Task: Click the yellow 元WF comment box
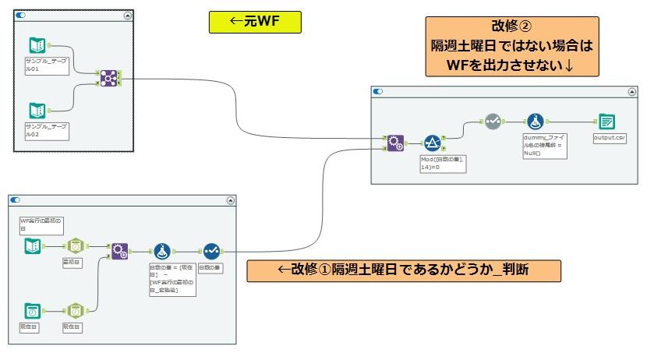254,22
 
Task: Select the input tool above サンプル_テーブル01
37,45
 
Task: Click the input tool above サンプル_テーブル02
37,111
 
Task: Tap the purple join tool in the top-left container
108,78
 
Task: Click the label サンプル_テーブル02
46,130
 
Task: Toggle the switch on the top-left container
21,15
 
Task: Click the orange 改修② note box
511,47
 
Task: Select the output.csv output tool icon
606,122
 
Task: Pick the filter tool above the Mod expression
433,143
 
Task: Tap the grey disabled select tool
493,122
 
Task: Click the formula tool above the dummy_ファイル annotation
535,122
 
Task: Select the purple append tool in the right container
395,143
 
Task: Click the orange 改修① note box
403,270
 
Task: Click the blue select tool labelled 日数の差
210,251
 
